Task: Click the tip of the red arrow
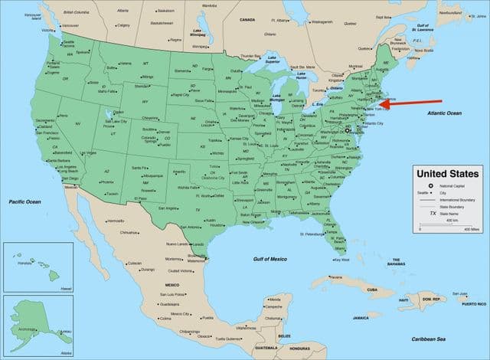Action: click(x=380, y=105)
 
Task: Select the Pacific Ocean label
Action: click(x=24, y=201)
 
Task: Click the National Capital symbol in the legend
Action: click(x=430, y=186)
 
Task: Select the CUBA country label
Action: click(x=372, y=290)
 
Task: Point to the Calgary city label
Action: click(x=123, y=24)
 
